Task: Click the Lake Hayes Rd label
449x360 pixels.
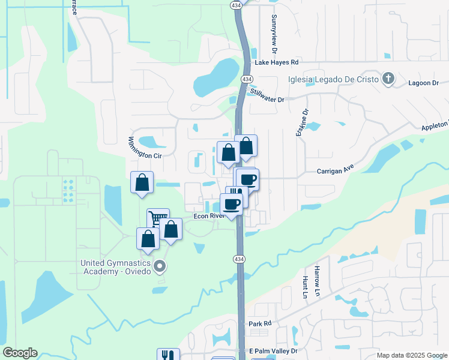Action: tap(277, 62)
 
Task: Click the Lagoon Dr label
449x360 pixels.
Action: tap(423, 83)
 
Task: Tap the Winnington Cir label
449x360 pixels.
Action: tap(145, 148)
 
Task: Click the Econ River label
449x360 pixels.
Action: tap(208, 216)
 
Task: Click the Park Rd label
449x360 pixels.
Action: tap(261, 323)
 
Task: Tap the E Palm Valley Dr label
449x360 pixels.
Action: tap(273, 350)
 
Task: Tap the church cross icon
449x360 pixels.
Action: tap(389, 79)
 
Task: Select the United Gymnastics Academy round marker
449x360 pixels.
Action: tap(160, 265)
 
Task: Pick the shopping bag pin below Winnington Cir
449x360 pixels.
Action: tap(142, 182)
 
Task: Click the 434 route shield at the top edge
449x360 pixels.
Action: tap(235, 4)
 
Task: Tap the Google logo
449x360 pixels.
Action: tap(20, 353)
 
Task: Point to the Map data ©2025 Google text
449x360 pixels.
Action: tap(412, 355)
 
